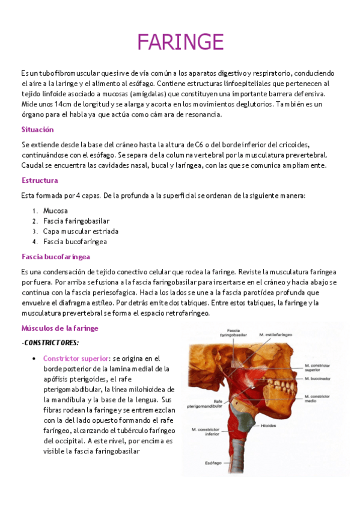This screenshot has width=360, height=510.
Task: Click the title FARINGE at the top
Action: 180,42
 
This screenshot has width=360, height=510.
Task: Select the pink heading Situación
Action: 37,129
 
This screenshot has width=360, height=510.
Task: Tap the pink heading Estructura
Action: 40,180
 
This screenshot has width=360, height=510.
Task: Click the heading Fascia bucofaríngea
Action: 56,257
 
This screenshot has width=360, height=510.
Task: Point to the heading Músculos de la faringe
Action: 59,328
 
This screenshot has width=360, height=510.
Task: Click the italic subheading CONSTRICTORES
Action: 50,342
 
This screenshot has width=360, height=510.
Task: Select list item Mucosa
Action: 55,211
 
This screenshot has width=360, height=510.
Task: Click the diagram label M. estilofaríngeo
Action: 279,334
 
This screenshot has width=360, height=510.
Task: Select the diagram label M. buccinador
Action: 317,379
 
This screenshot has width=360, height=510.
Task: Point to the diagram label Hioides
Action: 285,424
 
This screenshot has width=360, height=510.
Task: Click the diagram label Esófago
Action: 212,464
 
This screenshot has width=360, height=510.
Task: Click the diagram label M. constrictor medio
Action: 317,398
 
